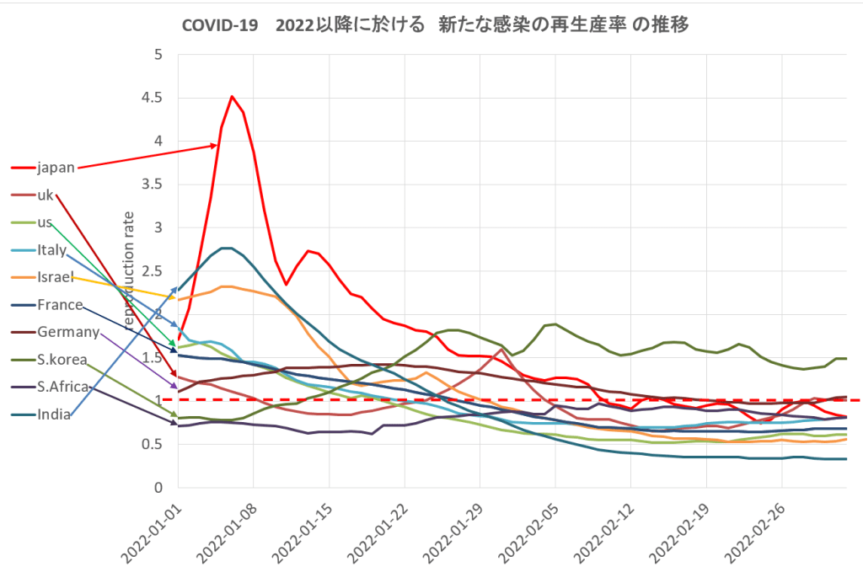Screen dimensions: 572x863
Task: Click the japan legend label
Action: [x=56, y=167]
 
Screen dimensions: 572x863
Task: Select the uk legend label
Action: [x=46, y=195]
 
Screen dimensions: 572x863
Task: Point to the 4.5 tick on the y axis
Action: [x=152, y=99]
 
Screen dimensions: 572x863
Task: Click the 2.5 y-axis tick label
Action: [x=152, y=271]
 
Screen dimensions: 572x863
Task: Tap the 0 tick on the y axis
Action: [x=158, y=488]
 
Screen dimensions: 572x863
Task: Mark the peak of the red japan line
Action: [x=233, y=96]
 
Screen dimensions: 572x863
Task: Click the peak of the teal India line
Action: [x=225, y=248]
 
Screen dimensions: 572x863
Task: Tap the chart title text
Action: [x=436, y=25]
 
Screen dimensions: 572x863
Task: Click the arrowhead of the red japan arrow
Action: [x=216, y=145]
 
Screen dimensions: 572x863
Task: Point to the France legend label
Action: [x=60, y=305]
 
